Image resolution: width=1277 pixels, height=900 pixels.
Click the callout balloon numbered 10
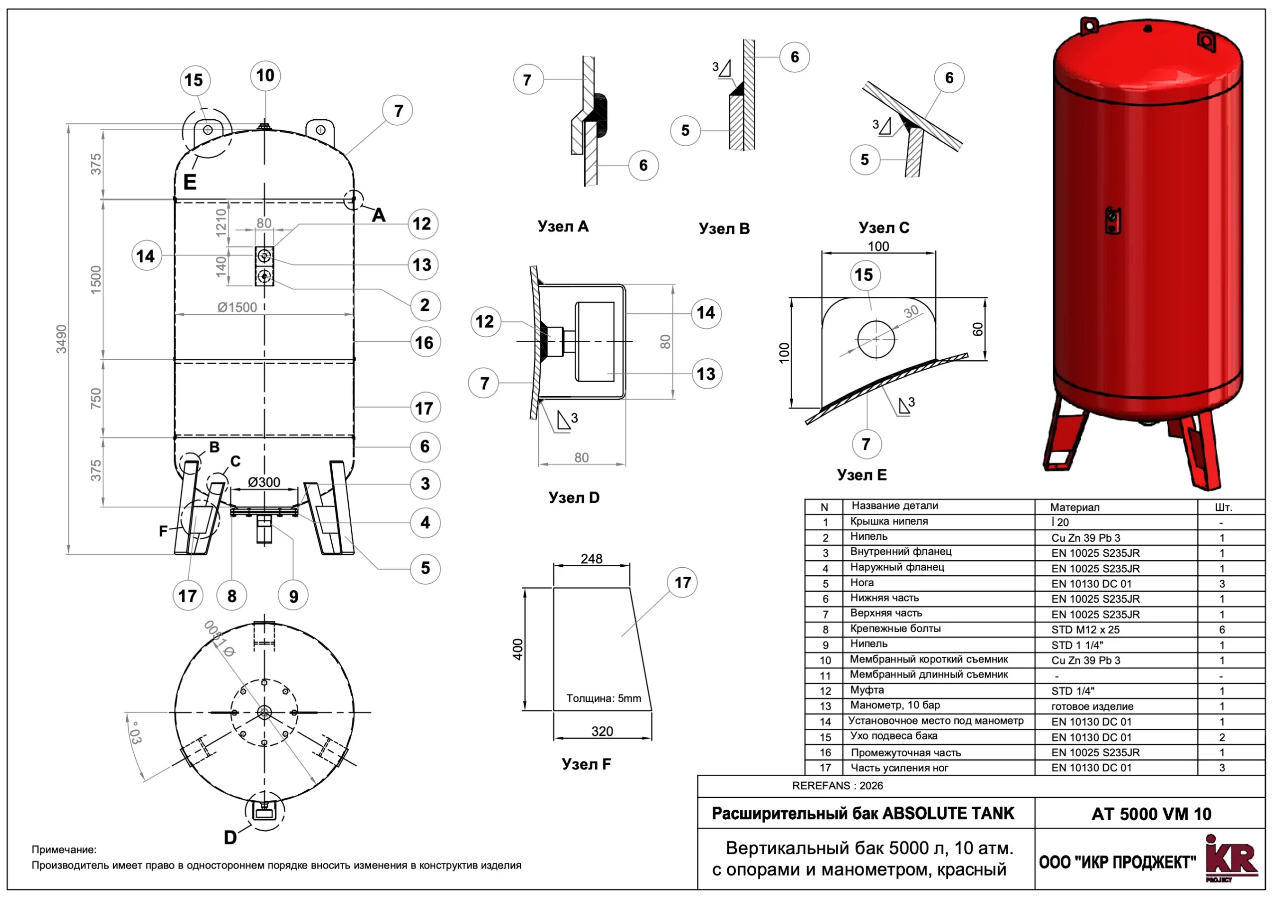coord(265,76)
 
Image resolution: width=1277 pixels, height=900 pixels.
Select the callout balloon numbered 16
coord(425,342)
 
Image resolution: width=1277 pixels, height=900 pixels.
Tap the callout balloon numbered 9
coord(293,596)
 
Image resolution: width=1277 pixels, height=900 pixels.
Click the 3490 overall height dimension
coord(61,339)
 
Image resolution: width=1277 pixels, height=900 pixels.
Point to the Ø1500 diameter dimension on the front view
coord(237,307)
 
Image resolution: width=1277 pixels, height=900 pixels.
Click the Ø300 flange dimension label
coord(264,482)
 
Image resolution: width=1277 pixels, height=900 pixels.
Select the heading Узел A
coord(563,226)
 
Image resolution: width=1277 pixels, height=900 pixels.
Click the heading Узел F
coord(586,764)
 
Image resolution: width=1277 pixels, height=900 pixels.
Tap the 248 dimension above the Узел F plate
coord(591,558)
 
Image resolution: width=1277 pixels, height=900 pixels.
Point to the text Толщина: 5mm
coord(604,698)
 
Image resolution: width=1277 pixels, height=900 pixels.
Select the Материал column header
coord(1074,507)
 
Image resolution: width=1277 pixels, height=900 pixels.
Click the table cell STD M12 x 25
coord(1085,630)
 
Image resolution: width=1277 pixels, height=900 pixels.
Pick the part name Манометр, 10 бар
coord(895,705)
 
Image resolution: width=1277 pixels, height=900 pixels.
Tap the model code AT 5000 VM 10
coord(1151,814)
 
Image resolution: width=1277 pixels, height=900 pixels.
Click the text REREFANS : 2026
coord(837,785)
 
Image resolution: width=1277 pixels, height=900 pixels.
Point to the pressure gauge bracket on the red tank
coord(1112,221)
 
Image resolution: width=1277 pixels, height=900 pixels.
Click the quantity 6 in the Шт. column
coord(1222,630)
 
